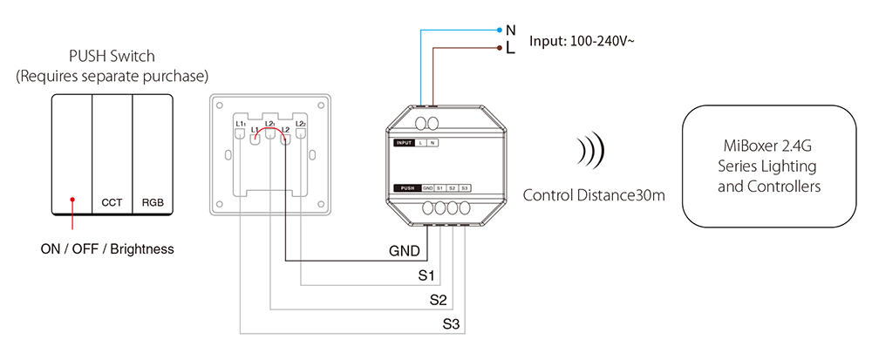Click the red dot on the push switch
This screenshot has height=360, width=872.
point(72,200)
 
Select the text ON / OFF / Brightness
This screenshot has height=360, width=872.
point(107,249)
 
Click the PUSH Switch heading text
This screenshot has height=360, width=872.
point(112,57)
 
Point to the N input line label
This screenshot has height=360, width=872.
point(511,30)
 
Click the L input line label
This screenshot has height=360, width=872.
point(510,48)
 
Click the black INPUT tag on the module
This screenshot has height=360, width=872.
point(404,142)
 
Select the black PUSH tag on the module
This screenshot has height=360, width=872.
point(406,188)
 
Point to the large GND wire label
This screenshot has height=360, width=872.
point(405,252)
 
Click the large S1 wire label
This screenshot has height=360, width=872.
point(426,276)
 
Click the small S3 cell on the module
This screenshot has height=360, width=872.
point(465,188)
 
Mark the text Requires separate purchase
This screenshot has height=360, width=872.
point(112,77)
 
